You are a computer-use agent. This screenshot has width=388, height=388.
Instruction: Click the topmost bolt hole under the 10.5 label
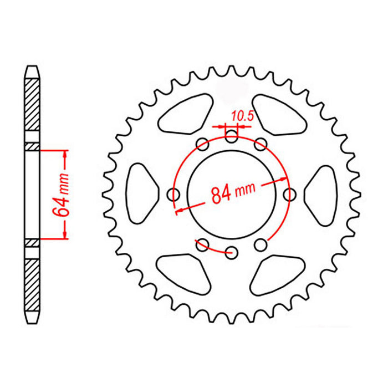pyautogui.click(x=232, y=137)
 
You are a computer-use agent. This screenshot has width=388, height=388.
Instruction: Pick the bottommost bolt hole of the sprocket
pyautogui.click(x=232, y=253)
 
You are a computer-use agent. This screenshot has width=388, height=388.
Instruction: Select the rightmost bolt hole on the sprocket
pyautogui.click(x=290, y=195)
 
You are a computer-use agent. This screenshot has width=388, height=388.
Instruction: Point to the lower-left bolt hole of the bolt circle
pyautogui.click(x=203, y=244)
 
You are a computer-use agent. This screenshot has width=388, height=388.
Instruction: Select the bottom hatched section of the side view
pyautogui.click(x=33, y=283)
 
